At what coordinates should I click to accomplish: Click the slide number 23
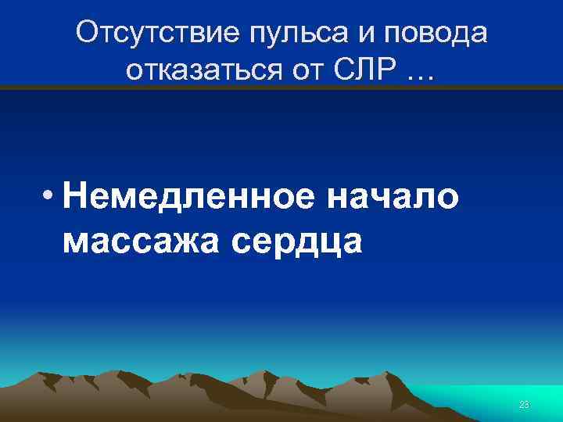pos(524,404)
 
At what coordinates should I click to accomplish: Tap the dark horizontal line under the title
pos(281,88)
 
